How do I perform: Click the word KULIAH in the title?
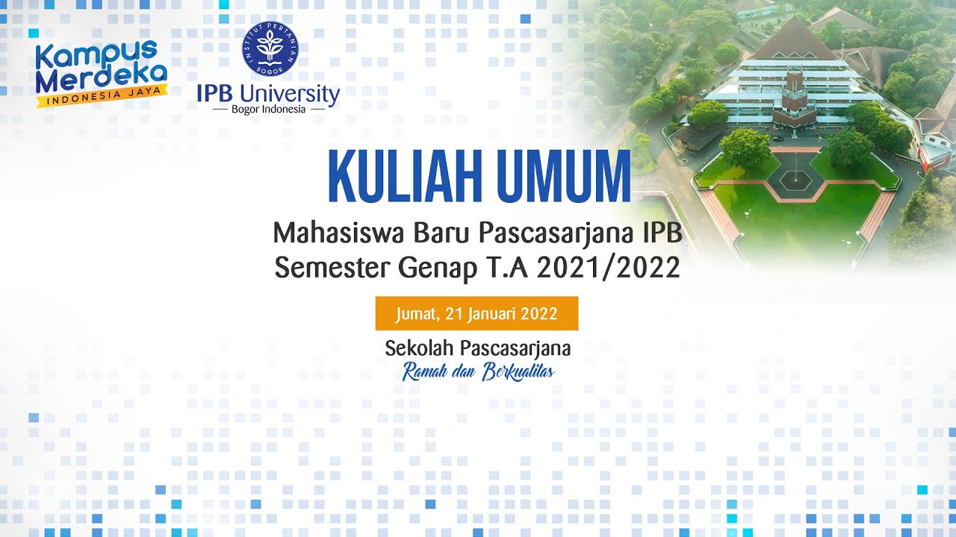click(x=400, y=177)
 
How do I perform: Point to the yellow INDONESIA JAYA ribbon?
click(x=103, y=97)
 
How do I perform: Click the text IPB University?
click(x=268, y=93)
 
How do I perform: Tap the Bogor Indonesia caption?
click(x=268, y=109)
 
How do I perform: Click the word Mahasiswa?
click(x=338, y=233)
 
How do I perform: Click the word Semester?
click(x=334, y=268)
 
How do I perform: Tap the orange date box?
click(x=477, y=313)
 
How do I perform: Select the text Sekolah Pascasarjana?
click(x=478, y=348)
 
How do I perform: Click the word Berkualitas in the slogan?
click(x=518, y=371)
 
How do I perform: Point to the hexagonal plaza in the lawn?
click(x=796, y=178)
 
